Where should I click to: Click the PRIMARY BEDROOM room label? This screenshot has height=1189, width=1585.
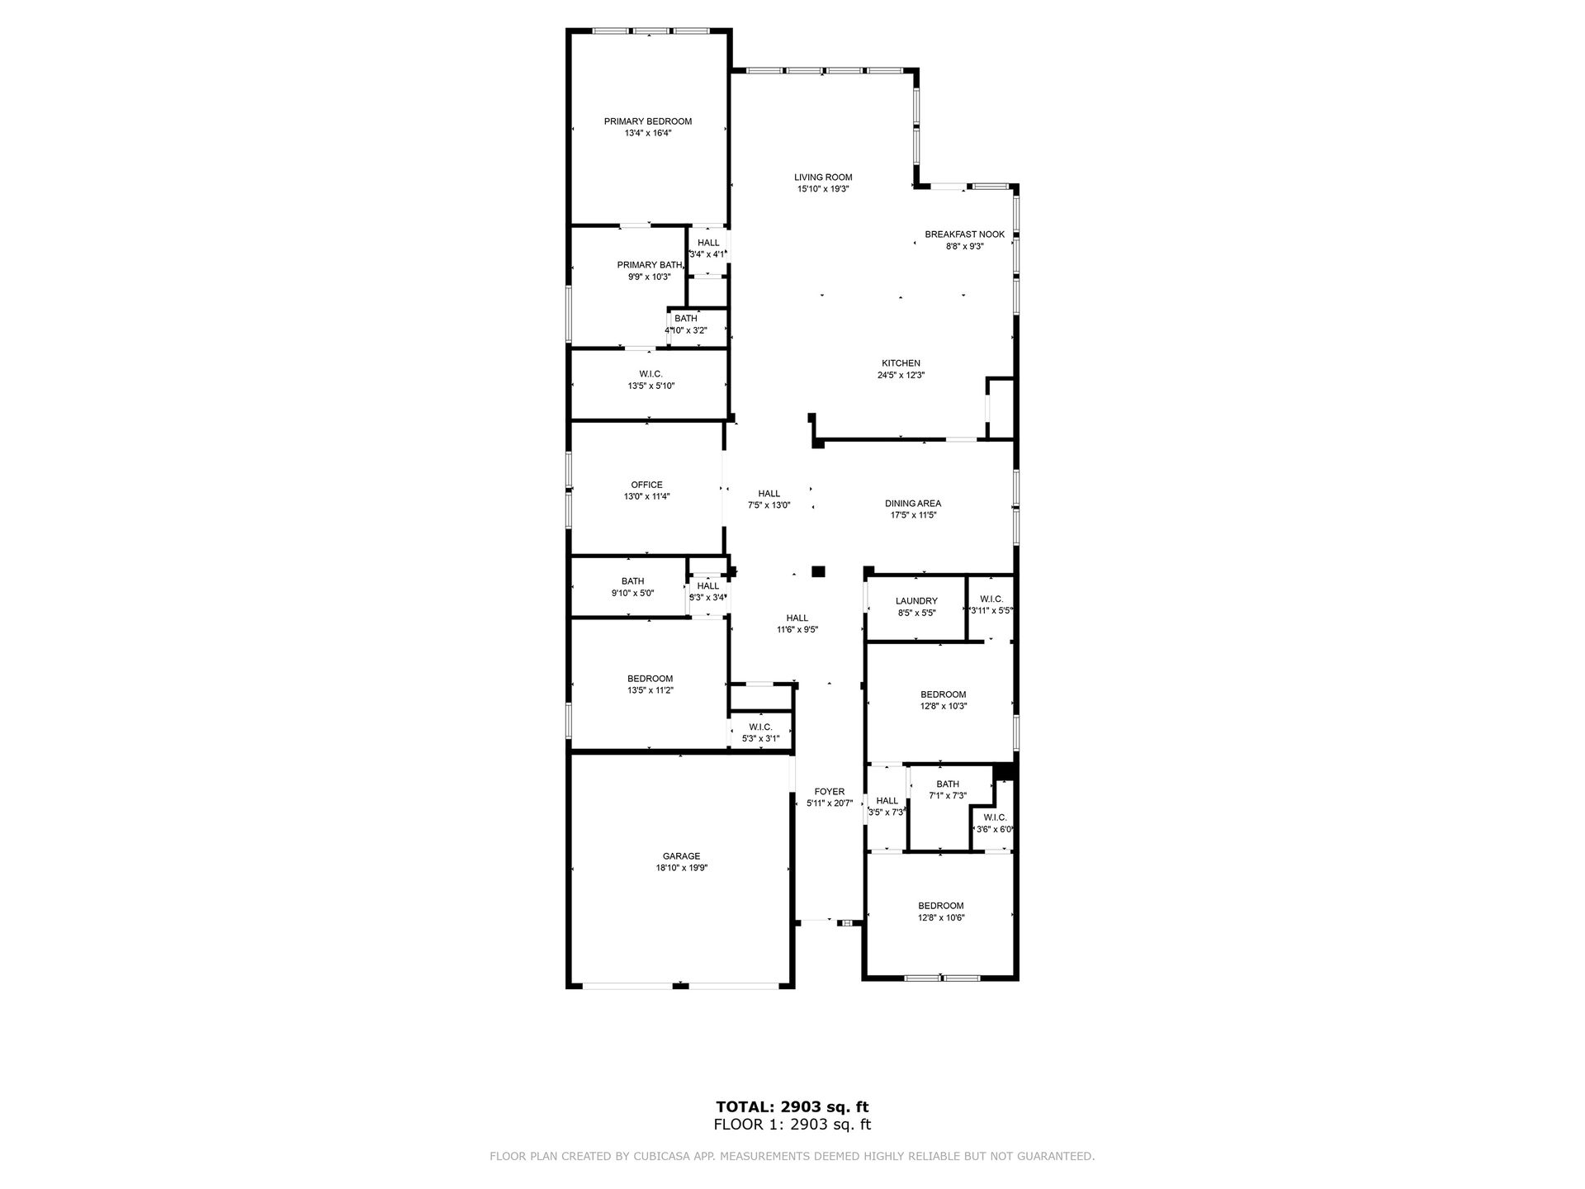pos(648,121)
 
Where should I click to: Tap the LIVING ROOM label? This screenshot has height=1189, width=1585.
pos(823,178)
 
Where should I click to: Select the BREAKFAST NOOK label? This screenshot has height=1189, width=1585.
pos(965,234)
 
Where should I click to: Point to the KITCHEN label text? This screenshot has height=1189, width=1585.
pos(901,363)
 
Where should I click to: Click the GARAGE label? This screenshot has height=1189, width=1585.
pos(681,856)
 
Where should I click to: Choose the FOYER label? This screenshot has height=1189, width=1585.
pos(830,792)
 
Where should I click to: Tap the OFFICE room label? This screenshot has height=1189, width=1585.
pos(646,486)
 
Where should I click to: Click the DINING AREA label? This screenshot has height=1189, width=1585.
pos(913,504)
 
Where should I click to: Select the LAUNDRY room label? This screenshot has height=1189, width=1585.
pos(917,601)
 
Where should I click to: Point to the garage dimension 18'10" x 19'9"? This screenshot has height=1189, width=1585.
pos(682,868)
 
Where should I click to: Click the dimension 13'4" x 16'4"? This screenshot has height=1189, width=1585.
pos(648,133)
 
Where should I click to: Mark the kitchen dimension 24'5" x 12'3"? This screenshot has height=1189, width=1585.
pos(901,375)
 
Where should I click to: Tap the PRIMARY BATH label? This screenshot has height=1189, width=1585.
pos(650,265)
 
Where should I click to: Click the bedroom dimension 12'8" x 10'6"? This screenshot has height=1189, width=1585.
pos(941,917)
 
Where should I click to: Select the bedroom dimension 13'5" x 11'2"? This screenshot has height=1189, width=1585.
pos(651,690)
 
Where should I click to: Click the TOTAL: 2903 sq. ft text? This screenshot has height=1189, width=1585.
pos(792,1106)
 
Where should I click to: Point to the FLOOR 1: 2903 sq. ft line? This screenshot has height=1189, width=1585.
pos(792,1125)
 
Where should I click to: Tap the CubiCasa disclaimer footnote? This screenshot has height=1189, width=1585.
pos(792,1157)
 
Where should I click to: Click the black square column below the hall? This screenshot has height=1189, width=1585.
pos(818,571)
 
